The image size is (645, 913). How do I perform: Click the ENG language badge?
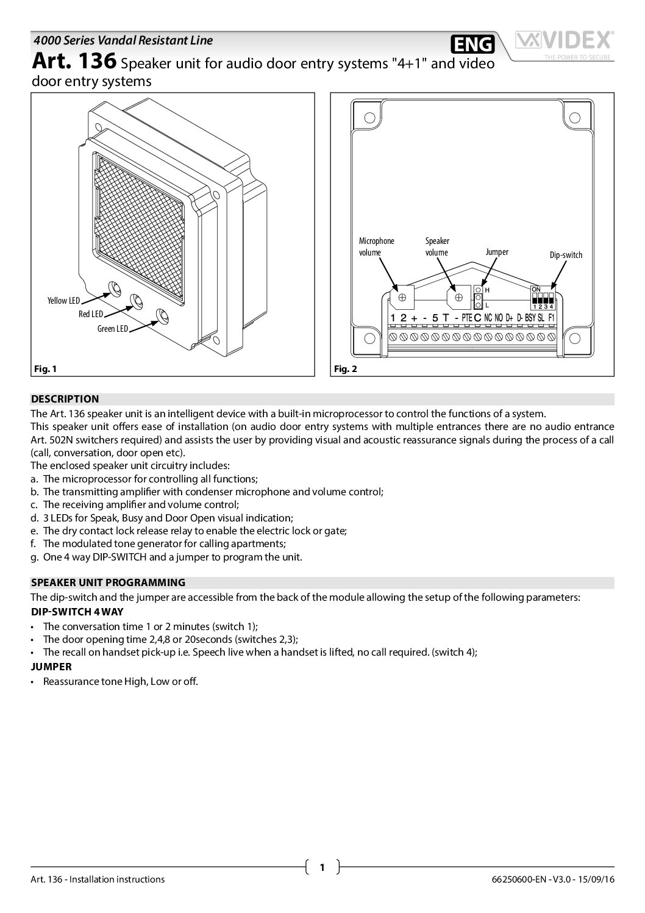tap(472, 45)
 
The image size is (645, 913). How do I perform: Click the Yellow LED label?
tap(63, 301)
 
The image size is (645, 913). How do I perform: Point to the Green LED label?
tap(113, 329)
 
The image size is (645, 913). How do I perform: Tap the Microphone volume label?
tap(376, 247)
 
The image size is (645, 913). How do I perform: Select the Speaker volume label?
tap(437, 247)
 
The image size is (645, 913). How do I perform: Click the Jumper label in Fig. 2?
tap(497, 252)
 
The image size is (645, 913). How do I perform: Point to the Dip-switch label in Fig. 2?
tap(566, 255)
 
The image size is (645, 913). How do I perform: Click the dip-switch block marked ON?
tap(542, 297)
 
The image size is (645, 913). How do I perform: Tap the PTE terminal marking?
tap(467, 318)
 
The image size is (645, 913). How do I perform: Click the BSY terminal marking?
tap(530, 318)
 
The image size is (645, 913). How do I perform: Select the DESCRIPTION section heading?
tap(65, 399)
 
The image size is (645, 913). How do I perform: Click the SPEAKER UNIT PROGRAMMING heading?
tap(108, 582)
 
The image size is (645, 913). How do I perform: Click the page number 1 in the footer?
tap(322, 867)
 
